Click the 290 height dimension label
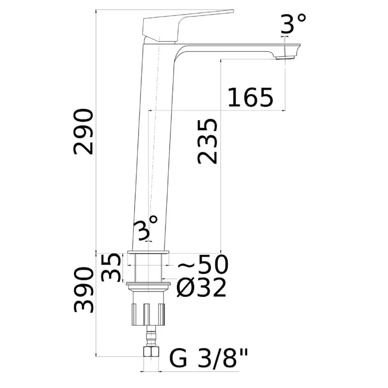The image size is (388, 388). point(83,132)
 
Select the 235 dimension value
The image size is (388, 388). point(208,142)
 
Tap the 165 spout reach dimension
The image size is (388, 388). point(250,97)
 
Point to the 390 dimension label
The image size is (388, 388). point(83,290)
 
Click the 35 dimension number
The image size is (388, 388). point(111,267)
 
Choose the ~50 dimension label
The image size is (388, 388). point(203,264)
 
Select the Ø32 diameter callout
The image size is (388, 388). point(201,288)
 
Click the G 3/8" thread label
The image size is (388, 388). point(209,358)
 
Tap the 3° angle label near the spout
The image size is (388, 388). point(293,23)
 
